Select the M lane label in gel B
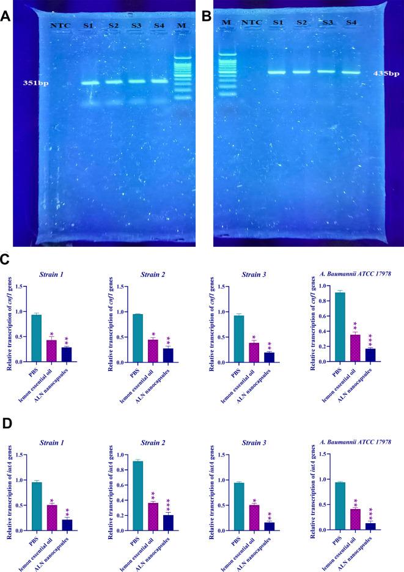(227, 23)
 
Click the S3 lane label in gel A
(136, 25)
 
